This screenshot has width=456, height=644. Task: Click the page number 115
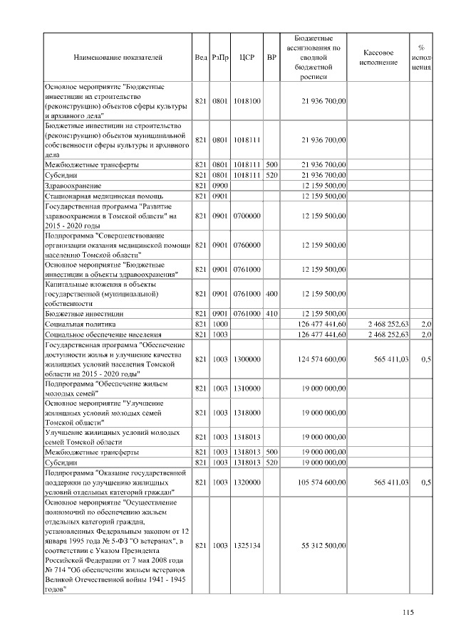(x=408, y=612)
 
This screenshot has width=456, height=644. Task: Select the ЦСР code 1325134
(x=247, y=545)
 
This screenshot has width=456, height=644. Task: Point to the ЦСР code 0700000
(x=247, y=215)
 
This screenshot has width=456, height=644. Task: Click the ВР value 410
(x=271, y=313)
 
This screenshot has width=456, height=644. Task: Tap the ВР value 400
(x=271, y=293)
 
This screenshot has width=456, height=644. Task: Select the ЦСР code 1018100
(x=247, y=101)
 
